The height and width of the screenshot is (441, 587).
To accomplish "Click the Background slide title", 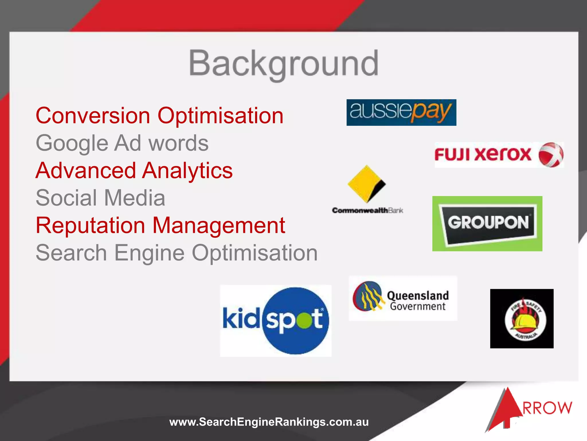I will coord(283,64).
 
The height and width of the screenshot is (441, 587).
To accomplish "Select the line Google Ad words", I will coord(122,143).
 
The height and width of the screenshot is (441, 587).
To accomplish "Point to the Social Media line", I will coord(100,198).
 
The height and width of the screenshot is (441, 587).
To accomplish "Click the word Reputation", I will coord(90,225).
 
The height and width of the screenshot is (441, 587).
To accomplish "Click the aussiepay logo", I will coord(401,113).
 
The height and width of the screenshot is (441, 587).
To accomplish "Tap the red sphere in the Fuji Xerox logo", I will coord(551,155).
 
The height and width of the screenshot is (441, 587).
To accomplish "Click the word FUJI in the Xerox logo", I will coord(452,155).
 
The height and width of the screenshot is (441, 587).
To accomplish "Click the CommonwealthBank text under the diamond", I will coord(367,210).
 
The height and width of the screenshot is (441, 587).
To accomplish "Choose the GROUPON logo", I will coord(487,223).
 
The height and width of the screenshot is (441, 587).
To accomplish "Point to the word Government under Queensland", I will coord(418,307).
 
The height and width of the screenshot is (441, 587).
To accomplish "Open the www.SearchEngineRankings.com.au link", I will coord(269,422).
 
